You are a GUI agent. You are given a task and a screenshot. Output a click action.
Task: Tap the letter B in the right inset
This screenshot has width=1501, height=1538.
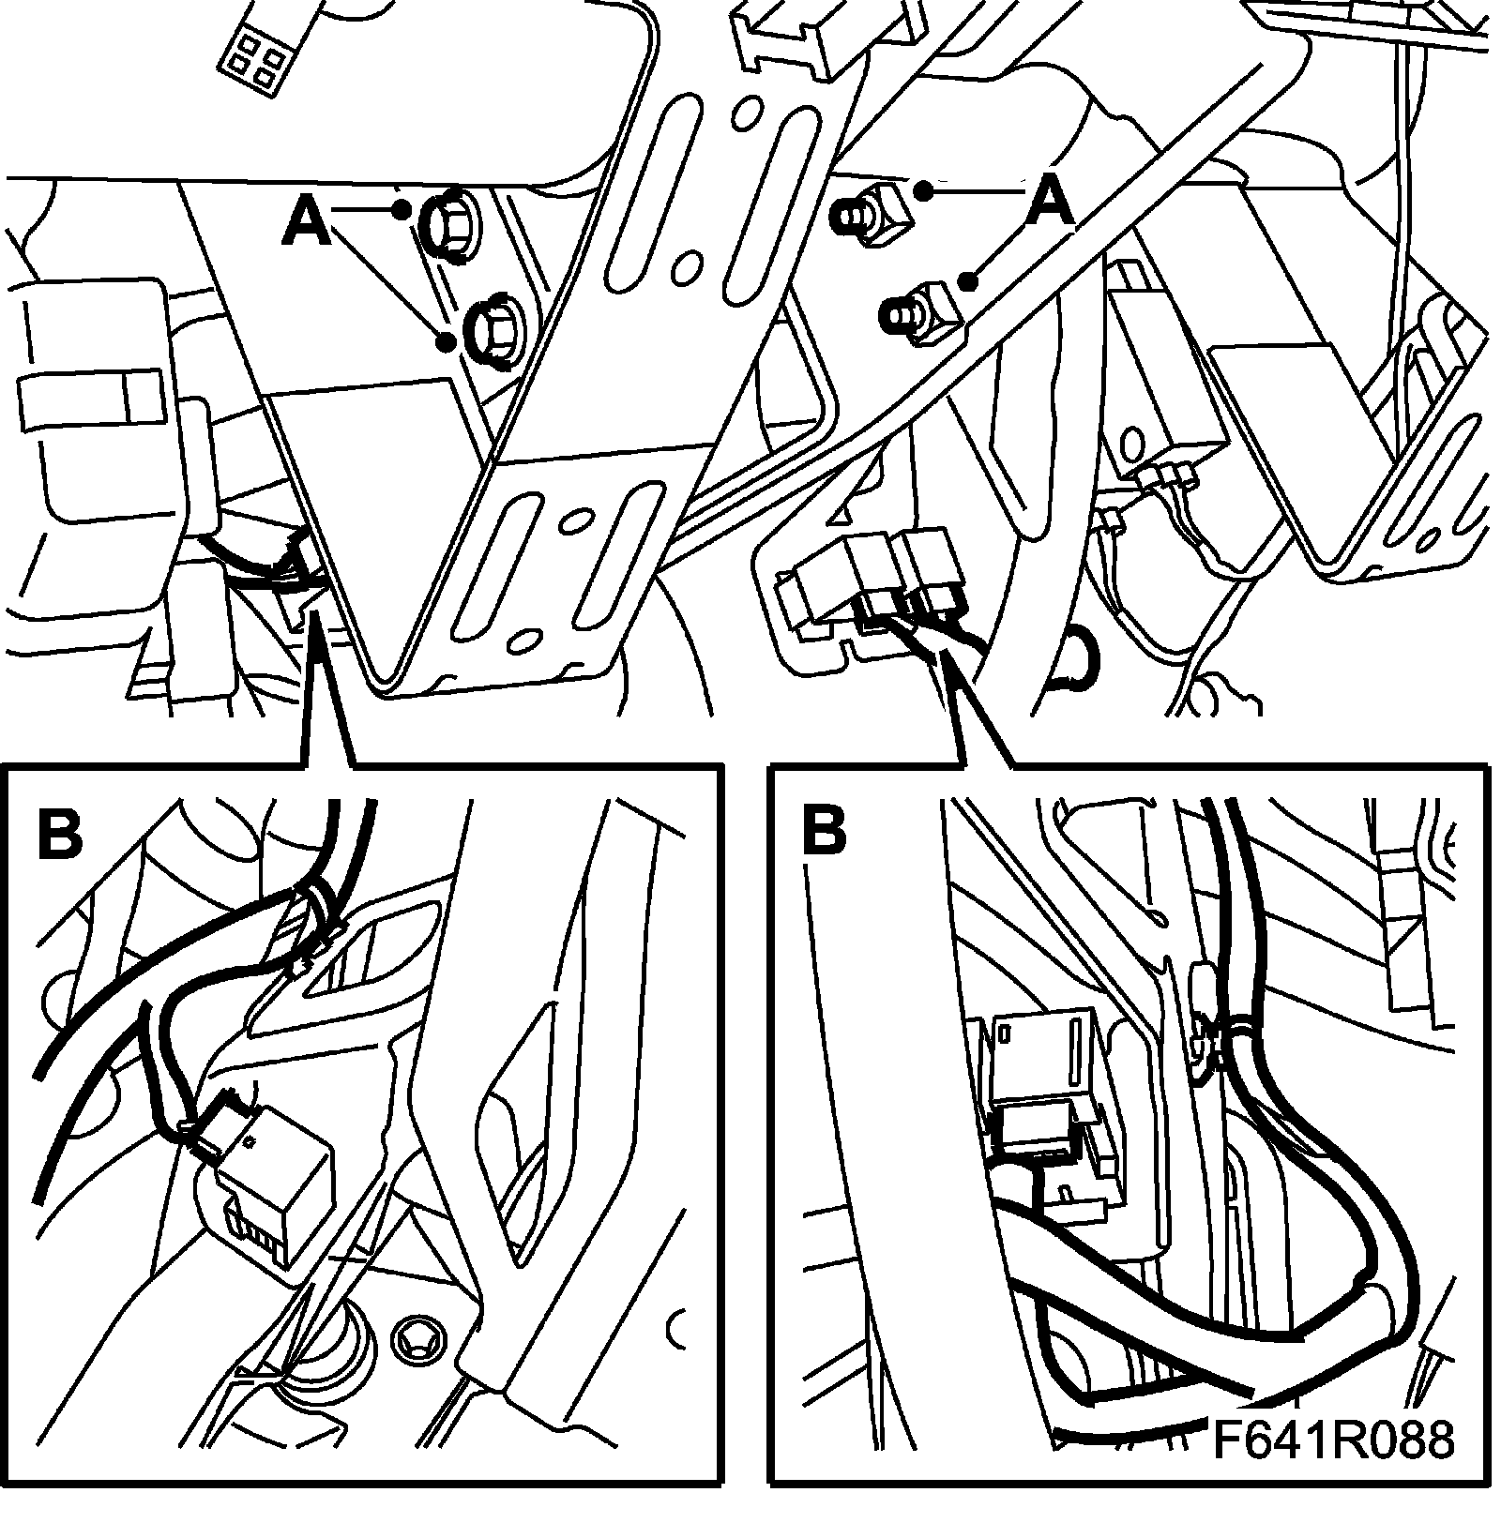825,831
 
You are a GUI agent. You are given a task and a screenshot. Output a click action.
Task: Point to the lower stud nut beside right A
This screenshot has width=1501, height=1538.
915,309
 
